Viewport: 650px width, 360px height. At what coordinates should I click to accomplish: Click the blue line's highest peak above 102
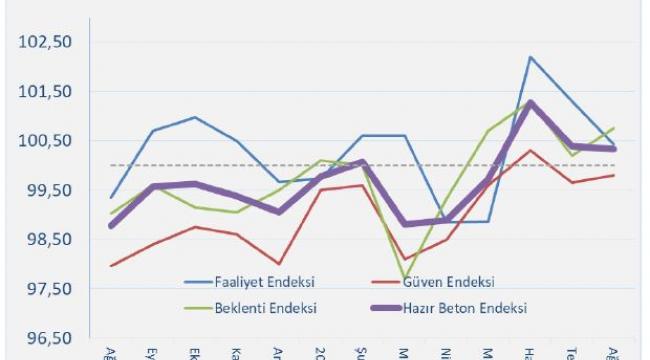(x=530, y=57)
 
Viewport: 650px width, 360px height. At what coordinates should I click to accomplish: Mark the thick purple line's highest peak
(x=530, y=103)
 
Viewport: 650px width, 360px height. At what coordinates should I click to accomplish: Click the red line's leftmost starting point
(x=111, y=266)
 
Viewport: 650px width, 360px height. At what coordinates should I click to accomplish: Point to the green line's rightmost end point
(x=614, y=128)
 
